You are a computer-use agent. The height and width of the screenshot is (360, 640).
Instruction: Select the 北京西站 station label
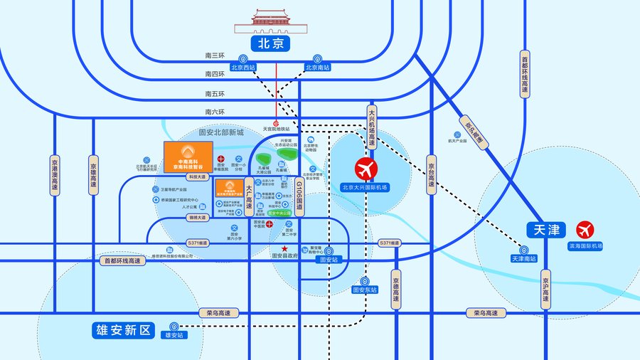(x=242, y=68)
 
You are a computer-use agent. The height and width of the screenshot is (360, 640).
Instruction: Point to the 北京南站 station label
(x=317, y=68)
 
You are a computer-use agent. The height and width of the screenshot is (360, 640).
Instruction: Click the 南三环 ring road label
(x=214, y=55)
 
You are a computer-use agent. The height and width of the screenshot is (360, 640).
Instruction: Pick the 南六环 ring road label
(x=214, y=112)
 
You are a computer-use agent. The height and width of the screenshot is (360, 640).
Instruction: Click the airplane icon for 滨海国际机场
(x=585, y=231)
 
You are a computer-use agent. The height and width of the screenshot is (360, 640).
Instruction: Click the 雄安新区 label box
(x=122, y=330)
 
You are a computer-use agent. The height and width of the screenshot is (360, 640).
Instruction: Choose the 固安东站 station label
(x=365, y=290)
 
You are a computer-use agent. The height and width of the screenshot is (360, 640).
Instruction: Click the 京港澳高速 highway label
(x=55, y=174)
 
